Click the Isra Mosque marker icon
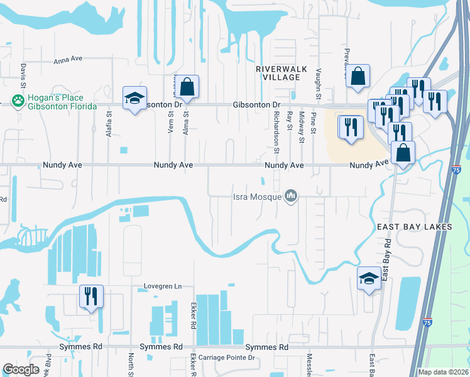290,197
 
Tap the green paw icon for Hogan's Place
18,101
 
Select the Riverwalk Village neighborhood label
278,72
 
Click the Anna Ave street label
68,60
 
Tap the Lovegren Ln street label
160,287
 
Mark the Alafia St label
109,125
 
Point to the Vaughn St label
319,85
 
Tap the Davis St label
23,75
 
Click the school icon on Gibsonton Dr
134,98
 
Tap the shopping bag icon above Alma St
187,87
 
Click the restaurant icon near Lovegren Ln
91,296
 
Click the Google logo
21,369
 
